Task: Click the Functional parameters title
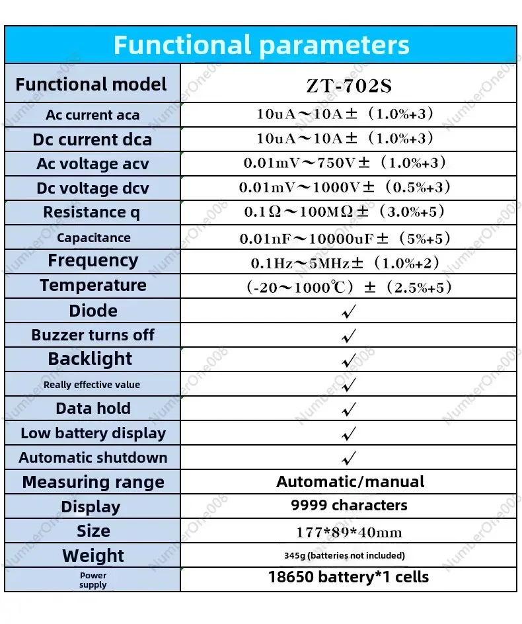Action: click(261, 45)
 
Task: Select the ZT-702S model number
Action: click(350, 85)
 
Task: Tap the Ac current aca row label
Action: click(93, 115)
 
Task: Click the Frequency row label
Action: click(93, 260)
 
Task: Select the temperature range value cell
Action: click(348, 287)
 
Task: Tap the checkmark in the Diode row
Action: click(348, 311)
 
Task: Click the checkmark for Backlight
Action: click(348, 360)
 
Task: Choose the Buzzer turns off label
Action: click(93, 335)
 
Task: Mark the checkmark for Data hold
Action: click(348, 409)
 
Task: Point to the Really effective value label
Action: click(92, 385)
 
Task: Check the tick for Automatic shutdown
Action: click(348, 457)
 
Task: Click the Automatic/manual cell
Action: click(350, 482)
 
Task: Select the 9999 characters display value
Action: click(349, 506)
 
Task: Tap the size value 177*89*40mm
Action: click(349, 531)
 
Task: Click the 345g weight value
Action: click(349, 555)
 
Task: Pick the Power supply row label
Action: click(93, 580)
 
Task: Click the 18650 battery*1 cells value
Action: click(348, 577)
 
